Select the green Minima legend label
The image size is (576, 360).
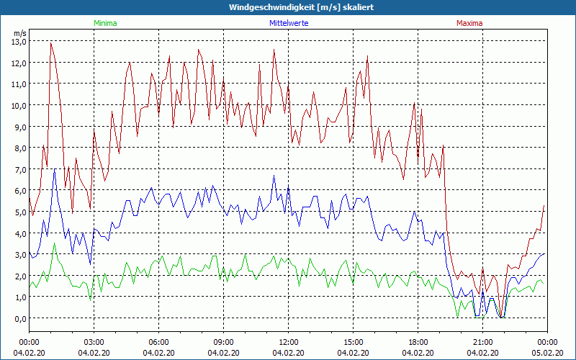104,23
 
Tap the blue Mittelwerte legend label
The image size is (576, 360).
289,23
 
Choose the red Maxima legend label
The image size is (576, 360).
468,23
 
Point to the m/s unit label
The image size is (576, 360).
19,33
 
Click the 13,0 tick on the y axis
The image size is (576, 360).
18,41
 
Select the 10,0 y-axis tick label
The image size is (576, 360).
18,105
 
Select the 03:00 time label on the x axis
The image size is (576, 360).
94,342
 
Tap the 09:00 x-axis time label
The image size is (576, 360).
223,342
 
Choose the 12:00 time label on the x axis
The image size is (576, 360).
288,342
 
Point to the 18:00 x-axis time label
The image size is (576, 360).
418,342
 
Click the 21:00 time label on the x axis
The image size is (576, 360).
482,342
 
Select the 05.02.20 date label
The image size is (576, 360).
547,353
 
